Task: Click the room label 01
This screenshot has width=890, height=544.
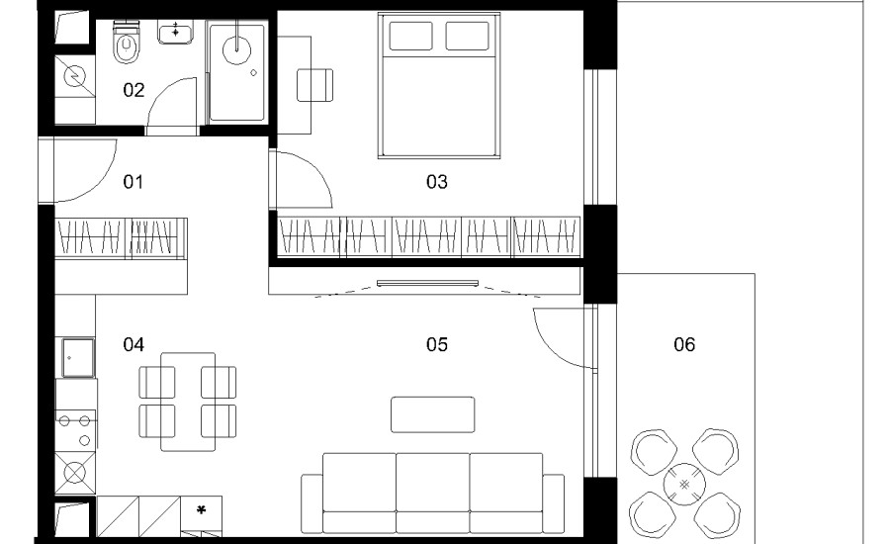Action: point(133,182)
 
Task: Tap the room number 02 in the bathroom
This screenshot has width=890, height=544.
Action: point(133,90)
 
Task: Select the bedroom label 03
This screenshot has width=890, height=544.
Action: point(436,182)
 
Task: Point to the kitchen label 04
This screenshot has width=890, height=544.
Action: point(133,344)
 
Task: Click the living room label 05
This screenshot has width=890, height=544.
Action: point(436,344)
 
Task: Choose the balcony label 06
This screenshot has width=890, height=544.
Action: point(684,344)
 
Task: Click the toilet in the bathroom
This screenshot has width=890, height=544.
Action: point(126,43)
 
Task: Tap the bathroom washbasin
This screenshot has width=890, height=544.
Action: point(175,32)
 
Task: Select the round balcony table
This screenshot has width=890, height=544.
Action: point(684,485)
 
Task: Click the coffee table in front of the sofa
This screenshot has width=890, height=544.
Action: point(432,414)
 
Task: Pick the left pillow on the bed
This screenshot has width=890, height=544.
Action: point(410,36)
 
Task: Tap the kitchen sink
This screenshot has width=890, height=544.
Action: point(78,357)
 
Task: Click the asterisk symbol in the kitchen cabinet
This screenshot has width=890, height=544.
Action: point(201,510)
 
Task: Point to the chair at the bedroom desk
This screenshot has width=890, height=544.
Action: point(315,85)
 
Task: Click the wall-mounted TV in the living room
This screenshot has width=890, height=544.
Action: point(427,283)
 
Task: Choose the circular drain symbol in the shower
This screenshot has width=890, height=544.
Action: point(237,49)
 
